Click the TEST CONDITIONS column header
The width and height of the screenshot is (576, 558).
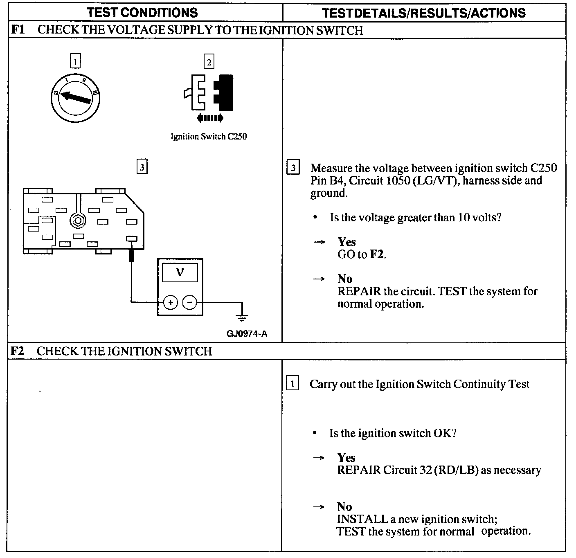tap(142, 12)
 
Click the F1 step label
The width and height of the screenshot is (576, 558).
tap(17, 30)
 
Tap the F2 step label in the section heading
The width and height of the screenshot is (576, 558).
tap(17, 351)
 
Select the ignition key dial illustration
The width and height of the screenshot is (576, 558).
tap(76, 98)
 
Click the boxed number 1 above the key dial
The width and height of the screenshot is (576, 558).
tap(75, 61)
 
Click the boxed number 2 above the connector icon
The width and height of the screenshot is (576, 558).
tap(209, 62)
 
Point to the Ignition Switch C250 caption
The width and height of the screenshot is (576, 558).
tap(209, 137)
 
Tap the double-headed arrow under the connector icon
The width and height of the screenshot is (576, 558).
tap(210, 118)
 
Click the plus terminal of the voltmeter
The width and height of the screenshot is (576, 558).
tap(171, 303)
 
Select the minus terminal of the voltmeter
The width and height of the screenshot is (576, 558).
tap(189, 303)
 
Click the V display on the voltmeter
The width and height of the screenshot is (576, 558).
tap(180, 272)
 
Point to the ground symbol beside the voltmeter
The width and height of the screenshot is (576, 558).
tap(242, 316)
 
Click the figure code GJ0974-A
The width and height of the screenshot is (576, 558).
tap(247, 334)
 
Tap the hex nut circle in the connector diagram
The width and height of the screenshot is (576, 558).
tap(77, 220)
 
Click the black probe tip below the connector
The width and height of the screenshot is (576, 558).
tap(131, 256)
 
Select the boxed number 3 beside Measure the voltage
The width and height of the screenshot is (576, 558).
tap(293, 168)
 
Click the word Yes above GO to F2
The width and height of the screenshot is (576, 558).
tap(346, 242)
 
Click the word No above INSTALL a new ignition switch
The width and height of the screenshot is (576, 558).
tap(344, 507)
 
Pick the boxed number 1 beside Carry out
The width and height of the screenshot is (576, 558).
tap(292, 384)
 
